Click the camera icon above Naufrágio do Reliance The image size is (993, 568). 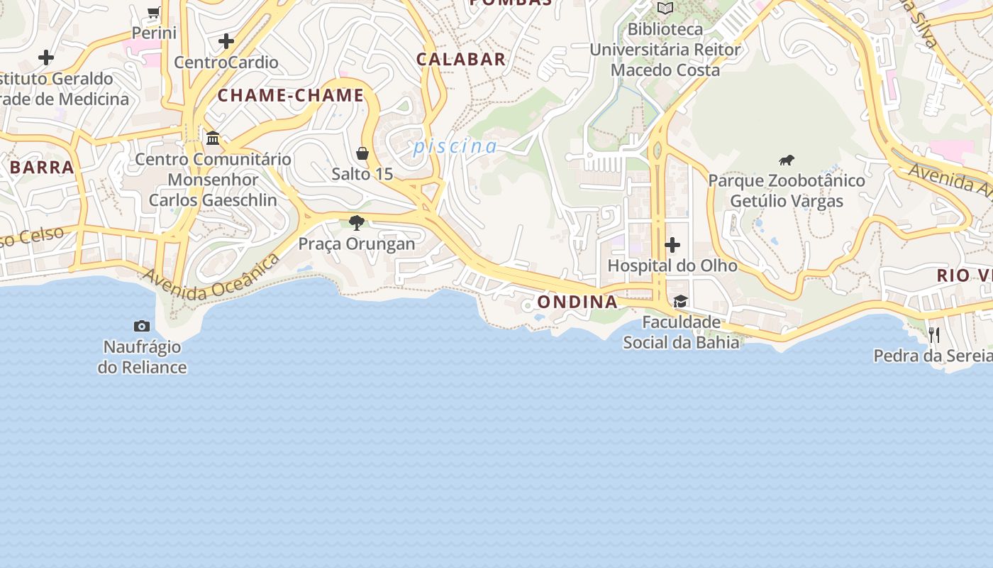[x=142, y=326]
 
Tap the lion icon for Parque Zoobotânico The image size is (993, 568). [x=786, y=160]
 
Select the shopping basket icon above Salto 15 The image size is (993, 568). [x=362, y=153]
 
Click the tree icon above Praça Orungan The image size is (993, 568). [x=357, y=223]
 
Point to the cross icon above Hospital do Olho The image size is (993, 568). [x=672, y=246]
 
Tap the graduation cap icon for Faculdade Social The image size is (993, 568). [x=680, y=302]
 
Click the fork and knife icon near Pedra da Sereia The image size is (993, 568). [x=934, y=335]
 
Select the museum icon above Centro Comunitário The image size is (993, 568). [x=213, y=138]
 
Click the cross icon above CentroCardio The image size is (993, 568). [x=226, y=41]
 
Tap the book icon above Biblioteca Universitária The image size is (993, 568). [x=665, y=9]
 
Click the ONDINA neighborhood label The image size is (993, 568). [x=577, y=302]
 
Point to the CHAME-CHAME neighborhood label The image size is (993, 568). [x=291, y=95]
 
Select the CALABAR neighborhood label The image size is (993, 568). [x=461, y=60]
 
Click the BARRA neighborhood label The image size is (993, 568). [x=43, y=168]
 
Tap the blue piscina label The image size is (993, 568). [x=455, y=146]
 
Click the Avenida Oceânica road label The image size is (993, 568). [x=211, y=278]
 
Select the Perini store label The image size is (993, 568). [x=154, y=33]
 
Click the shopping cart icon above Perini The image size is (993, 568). [x=154, y=11]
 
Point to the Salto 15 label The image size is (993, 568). [x=362, y=174]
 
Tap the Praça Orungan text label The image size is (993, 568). [x=357, y=244]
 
